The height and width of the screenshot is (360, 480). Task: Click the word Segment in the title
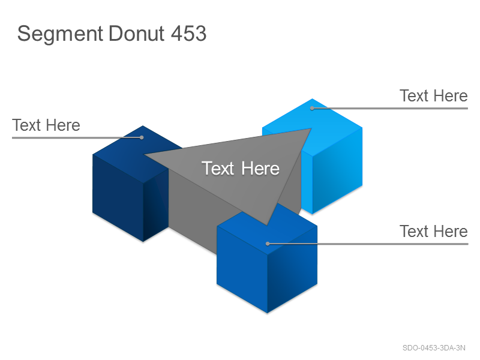click(60, 34)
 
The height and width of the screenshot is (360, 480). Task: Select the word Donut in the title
click(137, 33)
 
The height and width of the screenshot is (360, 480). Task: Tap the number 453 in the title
click(188, 33)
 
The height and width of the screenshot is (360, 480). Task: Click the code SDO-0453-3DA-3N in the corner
click(434, 348)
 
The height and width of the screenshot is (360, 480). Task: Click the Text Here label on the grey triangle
click(241, 169)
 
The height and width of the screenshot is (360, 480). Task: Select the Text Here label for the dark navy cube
click(46, 125)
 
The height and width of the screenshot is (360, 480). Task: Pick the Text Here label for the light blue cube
click(433, 96)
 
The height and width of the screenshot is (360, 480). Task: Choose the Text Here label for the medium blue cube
click(433, 231)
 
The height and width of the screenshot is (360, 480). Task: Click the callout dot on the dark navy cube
click(142, 137)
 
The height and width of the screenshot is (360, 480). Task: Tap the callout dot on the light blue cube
click(312, 108)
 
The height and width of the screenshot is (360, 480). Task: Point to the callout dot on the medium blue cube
click(268, 244)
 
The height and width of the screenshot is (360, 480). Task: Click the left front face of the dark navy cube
click(118, 197)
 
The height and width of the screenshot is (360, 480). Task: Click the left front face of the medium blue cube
click(242, 269)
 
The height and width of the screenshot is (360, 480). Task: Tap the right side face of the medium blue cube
click(292, 269)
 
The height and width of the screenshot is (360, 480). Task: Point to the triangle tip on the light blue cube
click(311, 128)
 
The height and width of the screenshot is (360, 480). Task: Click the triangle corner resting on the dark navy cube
click(144, 155)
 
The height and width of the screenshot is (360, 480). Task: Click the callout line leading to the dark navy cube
click(77, 138)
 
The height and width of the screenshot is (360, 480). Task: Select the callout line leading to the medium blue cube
click(368, 244)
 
